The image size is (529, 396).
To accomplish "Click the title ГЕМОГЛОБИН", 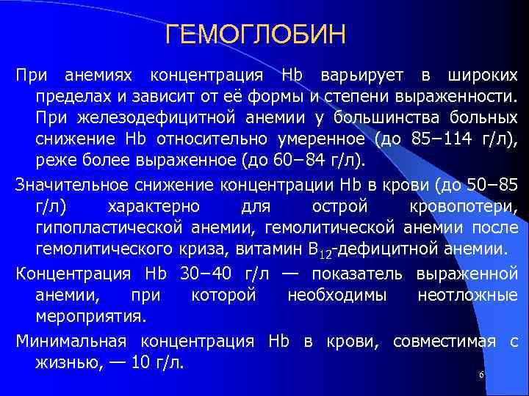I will click(255, 34).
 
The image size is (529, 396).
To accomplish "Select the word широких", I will click(483, 76).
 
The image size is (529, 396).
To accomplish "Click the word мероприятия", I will click(91, 316).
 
